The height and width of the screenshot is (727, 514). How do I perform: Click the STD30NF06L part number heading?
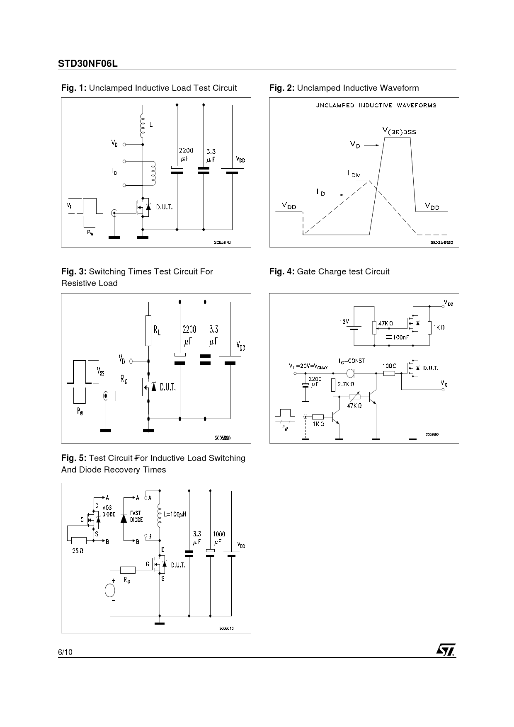click(87, 64)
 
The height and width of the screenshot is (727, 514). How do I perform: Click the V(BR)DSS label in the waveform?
click(399, 131)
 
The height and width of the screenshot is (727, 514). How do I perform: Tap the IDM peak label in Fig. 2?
click(354, 174)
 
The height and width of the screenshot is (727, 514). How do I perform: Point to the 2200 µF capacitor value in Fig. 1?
click(186, 154)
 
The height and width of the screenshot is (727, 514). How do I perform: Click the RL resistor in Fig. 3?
click(148, 330)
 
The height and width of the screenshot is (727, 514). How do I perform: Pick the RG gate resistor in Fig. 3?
click(124, 396)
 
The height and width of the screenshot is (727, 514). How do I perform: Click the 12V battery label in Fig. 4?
click(344, 322)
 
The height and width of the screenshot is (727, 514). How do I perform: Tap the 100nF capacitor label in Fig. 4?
click(401, 337)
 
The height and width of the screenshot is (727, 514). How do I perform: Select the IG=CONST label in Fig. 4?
click(352, 361)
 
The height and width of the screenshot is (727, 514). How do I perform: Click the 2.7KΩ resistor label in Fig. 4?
click(346, 384)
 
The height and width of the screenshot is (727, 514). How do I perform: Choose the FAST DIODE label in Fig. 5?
click(136, 516)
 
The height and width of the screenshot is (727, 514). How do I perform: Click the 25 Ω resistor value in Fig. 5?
click(78, 551)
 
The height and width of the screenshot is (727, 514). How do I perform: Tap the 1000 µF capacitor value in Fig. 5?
click(219, 538)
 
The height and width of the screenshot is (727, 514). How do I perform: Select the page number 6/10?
click(65, 652)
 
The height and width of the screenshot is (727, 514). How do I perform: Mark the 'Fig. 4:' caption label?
click(282, 271)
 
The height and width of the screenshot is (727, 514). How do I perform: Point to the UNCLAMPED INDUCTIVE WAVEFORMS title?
click(376, 105)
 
